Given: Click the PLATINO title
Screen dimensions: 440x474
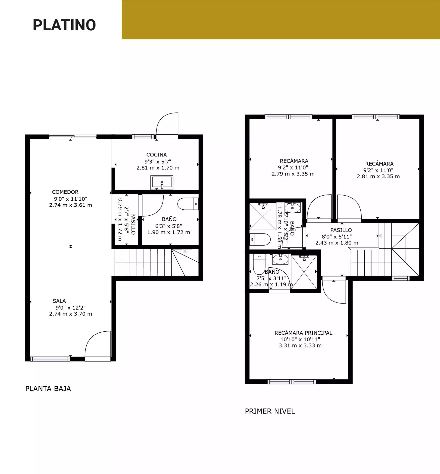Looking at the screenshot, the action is click(x=64, y=25).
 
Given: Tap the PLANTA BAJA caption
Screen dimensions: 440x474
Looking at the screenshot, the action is click(x=48, y=389).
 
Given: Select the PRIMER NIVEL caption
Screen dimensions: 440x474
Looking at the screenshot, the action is click(x=270, y=411).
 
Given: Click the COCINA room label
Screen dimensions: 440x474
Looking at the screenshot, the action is click(x=157, y=155).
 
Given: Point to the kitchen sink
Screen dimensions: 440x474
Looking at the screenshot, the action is click(x=162, y=182).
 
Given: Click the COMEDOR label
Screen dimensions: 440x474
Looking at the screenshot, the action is click(x=65, y=192).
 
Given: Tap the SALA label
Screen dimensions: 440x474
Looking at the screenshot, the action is click(x=59, y=301).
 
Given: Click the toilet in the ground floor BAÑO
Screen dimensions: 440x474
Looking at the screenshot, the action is click(x=188, y=204).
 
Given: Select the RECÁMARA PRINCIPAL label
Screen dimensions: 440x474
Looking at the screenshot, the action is click(x=303, y=333).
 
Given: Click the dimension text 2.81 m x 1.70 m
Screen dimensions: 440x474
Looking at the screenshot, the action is click(x=158, y=168).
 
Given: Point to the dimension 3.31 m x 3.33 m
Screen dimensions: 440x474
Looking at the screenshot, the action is click(x=300, y=345).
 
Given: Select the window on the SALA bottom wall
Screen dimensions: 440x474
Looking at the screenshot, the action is click(x=50, y=359).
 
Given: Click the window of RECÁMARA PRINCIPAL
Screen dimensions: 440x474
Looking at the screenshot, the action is click(x=291, y=382).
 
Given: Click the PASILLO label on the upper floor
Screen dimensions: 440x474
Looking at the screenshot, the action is click(x=341, y=230).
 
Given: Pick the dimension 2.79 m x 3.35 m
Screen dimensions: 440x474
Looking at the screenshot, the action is click(x=293, y=174).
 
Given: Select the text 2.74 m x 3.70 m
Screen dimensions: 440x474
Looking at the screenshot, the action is click(x=71, y=314).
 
